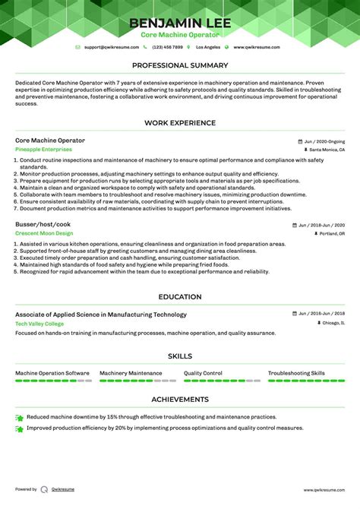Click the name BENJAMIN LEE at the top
pos(180,24)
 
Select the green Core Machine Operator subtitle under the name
pos(180,36)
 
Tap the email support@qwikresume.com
pos(112,47)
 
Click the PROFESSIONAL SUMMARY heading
pos(180,65)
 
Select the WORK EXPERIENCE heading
pos(180,123)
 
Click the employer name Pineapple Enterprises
pos(42,150)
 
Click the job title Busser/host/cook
pos(43,225)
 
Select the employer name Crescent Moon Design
pos(44,234)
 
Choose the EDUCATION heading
pos(180,297)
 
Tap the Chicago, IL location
pos(332,323)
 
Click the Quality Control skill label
pos(203,373)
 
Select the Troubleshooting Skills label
pos(296,373)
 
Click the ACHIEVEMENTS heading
pos(180,399)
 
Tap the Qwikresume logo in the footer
pos(45,490)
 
